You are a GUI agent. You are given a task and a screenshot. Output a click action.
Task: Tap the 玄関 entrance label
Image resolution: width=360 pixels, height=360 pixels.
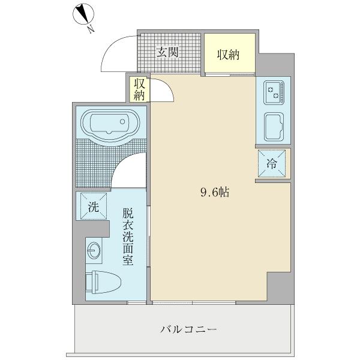(x=168, y=53)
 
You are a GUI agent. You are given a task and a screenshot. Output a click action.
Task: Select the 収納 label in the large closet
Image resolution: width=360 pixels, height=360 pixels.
(x=228, y=55)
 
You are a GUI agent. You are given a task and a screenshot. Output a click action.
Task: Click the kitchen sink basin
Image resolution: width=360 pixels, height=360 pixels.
(x=274, y=125)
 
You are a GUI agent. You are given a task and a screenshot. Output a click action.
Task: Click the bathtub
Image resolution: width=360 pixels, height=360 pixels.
(x=109, y=125)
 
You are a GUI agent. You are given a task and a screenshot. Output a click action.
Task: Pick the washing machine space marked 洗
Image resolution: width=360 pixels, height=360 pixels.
(x=92, y=208)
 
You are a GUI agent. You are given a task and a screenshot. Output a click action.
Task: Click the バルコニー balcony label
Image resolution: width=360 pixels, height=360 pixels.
(x=188, y=329)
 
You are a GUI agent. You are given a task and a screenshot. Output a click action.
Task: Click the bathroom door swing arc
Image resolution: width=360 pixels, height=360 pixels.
(x=129, y=170)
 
